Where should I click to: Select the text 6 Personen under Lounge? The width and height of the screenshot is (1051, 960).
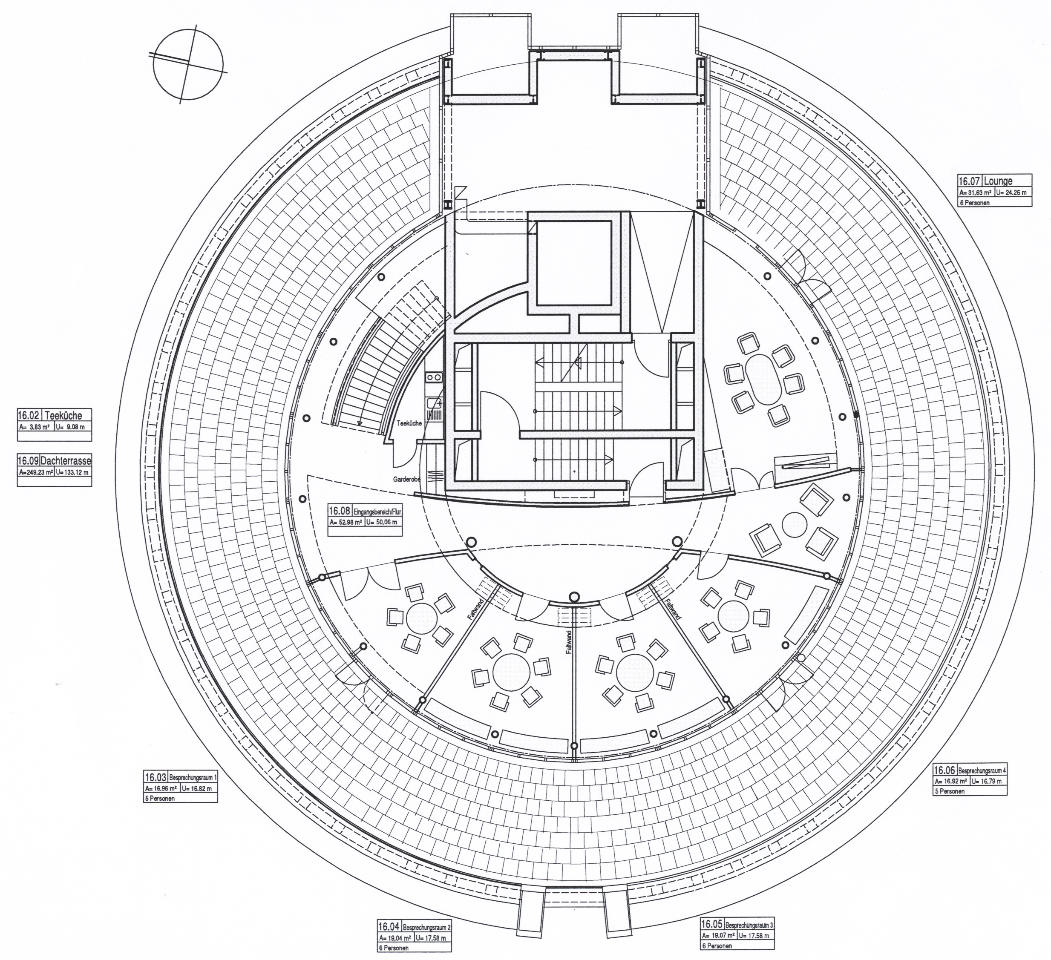pyautogui.click(x=974, y=203)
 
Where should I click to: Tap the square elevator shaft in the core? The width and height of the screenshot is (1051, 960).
pyautogui.click(x=573, y=263)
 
